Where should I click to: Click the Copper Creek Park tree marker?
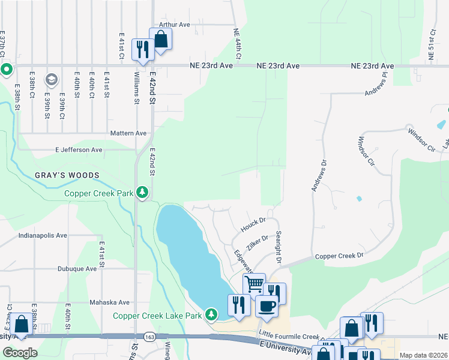pos(142,193)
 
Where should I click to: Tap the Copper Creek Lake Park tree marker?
pos(211,314)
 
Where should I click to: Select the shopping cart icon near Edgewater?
pos(254,283)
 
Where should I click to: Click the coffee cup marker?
pos(267,306)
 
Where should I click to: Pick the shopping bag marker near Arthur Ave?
pos(161,40)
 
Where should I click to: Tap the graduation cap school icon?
pos(52,79)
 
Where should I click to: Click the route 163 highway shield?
pos(148,337)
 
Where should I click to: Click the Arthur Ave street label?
pos(174,25)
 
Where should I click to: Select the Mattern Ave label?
pos(128,133)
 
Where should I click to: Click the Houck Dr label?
pos(253,226)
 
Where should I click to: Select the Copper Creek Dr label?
pos(340,256)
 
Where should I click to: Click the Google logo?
pos(20,353)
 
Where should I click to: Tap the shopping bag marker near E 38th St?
pos(21,324)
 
